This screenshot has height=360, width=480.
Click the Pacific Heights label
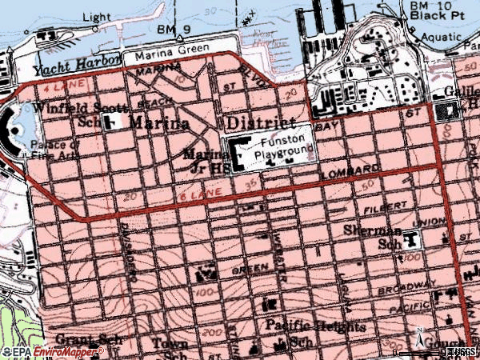tap(315, 327)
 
